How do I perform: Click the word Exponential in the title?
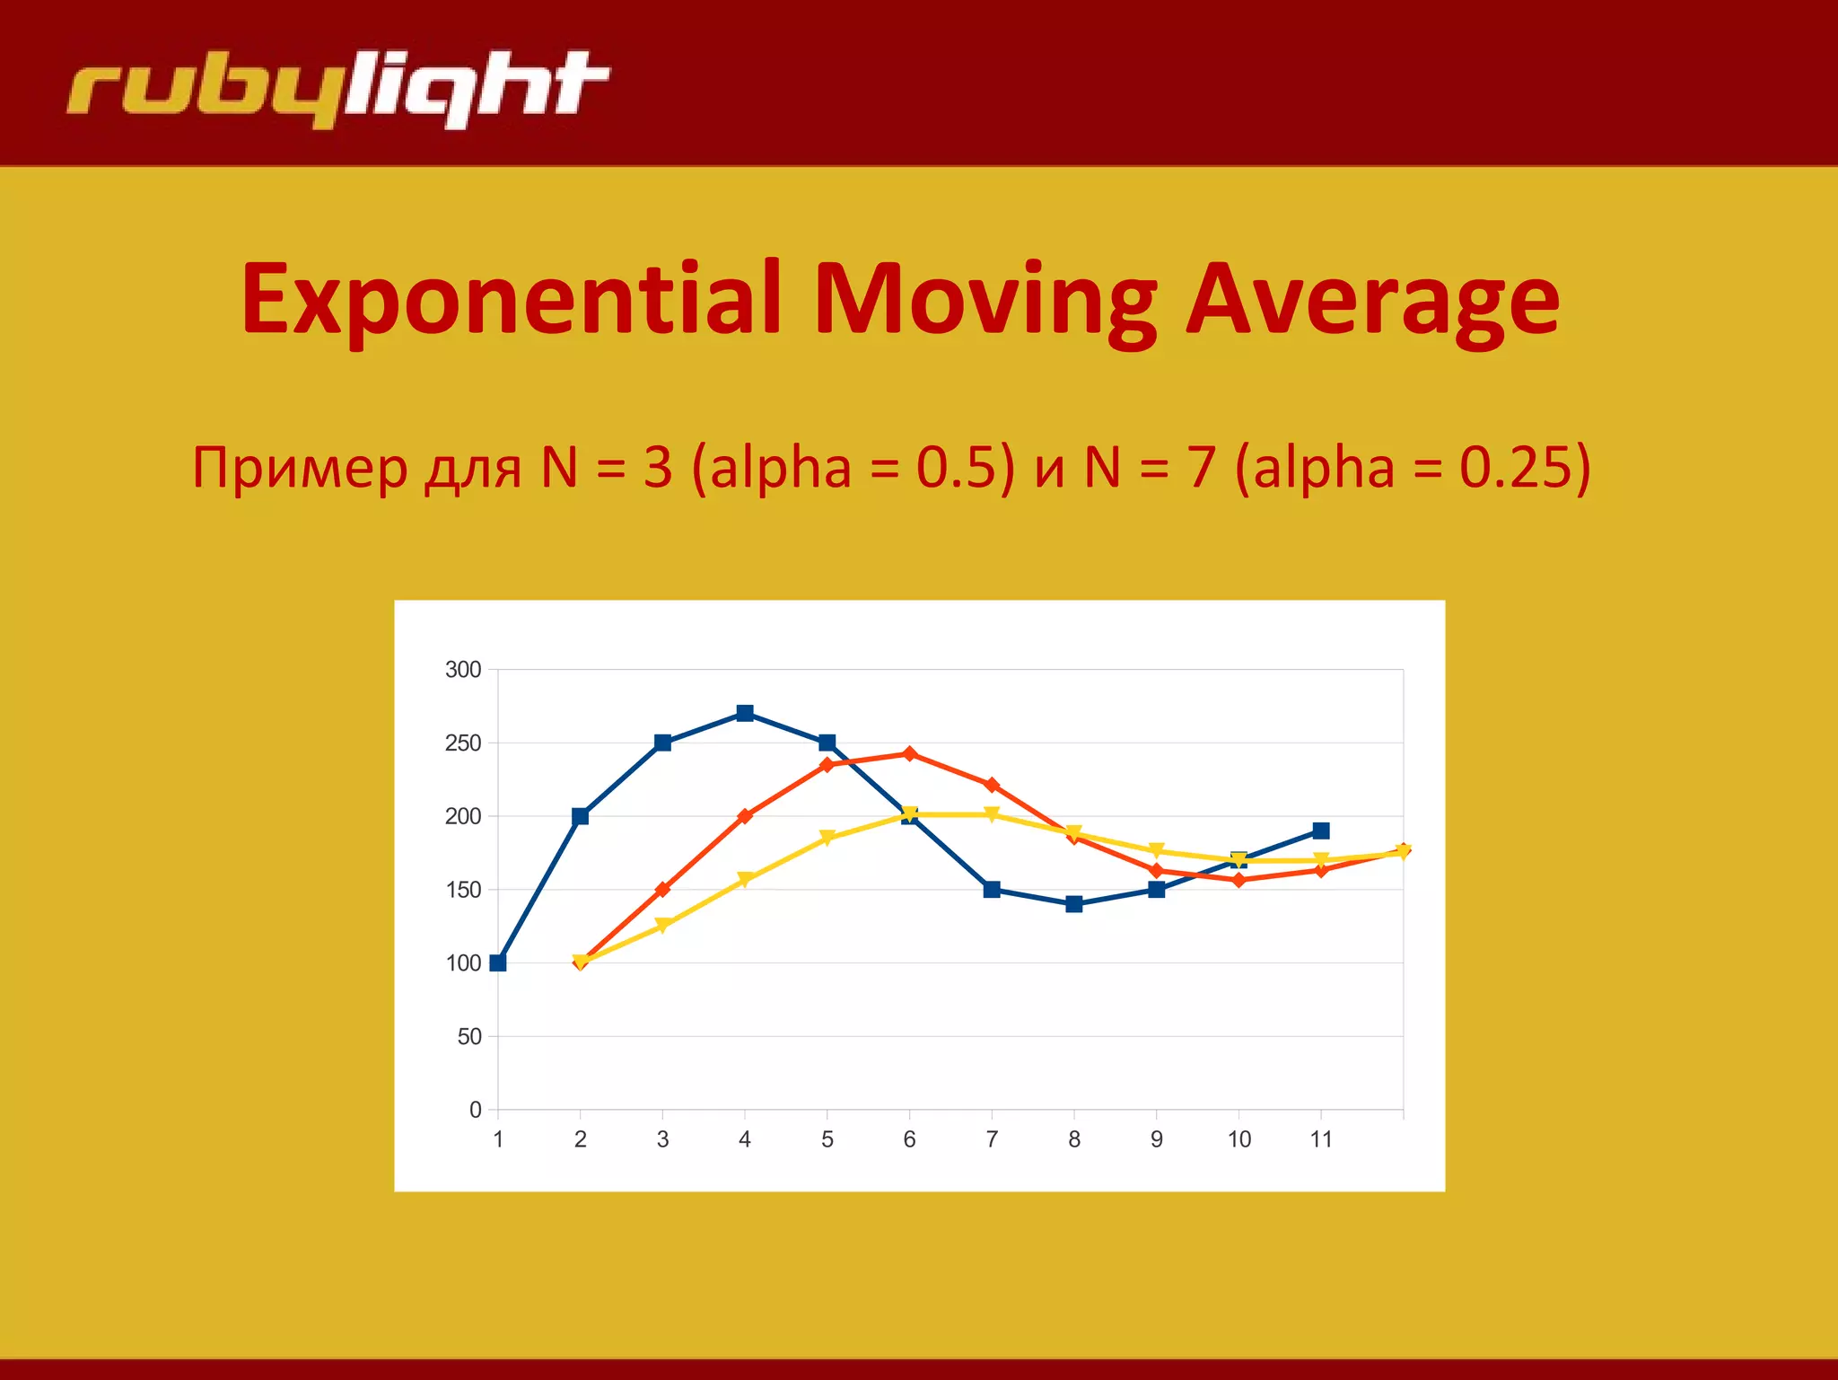click(512, 298)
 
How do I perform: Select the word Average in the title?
click(1372, 298)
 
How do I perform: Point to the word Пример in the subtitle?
click(300, 468)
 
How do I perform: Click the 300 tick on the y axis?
click(463, 670)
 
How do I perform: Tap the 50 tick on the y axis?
click(469, 1037)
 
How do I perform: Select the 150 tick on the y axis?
click(463, 890)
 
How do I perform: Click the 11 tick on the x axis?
click(1321, 1139)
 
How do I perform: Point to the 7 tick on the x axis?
click(992, 1139)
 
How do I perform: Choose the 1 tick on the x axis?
click(498, 1139)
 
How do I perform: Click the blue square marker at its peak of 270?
click(745, 713)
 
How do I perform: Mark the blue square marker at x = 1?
click(498, 962)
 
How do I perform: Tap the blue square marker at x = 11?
click(1321, 831)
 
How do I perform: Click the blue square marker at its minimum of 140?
click(1074, 904)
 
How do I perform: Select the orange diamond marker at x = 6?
click(909, 753)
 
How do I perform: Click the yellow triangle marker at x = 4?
click(745, 880)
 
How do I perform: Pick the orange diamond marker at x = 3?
click(662, 890)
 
